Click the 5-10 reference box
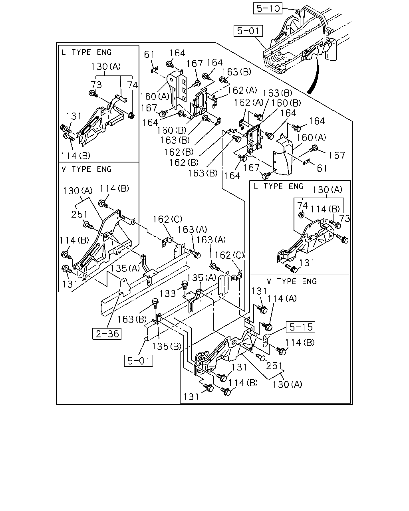coord(268,8)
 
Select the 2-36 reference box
coord(107,334)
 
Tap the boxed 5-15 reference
coord(301,327)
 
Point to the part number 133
coord(167,293)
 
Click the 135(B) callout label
coord(167,347)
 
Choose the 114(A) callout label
coord(282,299)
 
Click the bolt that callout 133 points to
coord(185,285)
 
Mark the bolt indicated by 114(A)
coord(267,326)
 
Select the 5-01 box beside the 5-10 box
coord(248,31)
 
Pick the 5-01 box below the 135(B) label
coord(138,360)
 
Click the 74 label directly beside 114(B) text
coord(302,205)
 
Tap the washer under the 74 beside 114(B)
coord(301,215)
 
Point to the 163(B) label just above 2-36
coord(132,319)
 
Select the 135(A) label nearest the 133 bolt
coord(202,277)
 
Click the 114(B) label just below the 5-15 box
coord(300,343)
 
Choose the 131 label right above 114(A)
coord(259,291)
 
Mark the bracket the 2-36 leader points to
coord(125,287)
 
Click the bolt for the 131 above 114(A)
coord(262,309)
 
